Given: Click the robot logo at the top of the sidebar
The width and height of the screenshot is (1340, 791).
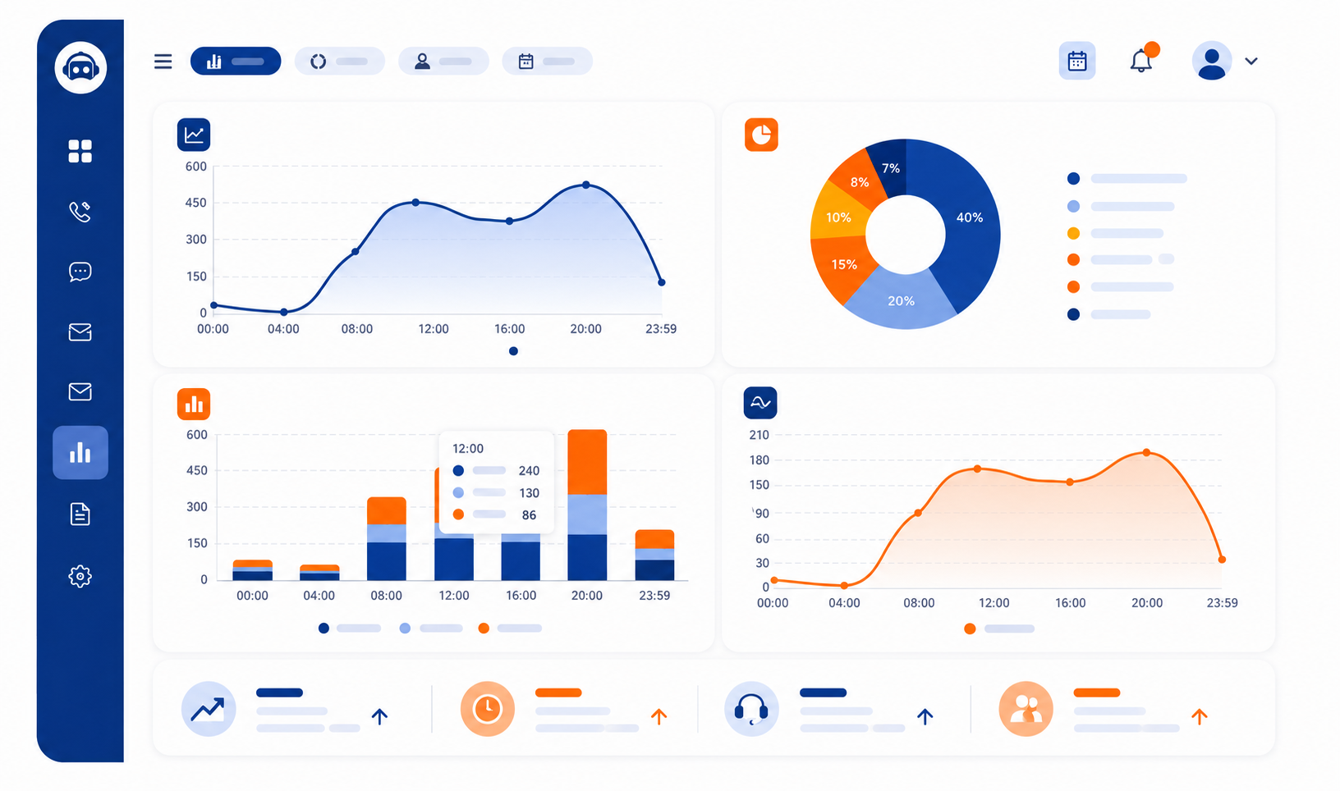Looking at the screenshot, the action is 80,67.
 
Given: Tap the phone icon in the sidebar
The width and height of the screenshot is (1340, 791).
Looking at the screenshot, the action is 80,212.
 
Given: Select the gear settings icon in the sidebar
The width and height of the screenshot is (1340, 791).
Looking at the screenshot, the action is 80,576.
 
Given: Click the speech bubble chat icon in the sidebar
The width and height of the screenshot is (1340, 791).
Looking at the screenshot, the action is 80,272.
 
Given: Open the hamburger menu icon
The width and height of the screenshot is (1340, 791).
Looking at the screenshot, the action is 163,62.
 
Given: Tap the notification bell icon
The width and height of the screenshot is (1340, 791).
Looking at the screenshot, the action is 1140,61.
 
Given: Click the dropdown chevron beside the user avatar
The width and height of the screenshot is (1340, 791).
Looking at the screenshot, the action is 1251,61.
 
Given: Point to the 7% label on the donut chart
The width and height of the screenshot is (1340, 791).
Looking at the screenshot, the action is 891,168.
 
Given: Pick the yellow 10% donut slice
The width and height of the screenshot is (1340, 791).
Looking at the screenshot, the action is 837,217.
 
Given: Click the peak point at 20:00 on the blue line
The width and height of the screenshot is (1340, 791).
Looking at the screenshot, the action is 586,185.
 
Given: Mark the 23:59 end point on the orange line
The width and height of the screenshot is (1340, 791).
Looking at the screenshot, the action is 1222,560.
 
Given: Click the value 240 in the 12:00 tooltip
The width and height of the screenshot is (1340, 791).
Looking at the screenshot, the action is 529,470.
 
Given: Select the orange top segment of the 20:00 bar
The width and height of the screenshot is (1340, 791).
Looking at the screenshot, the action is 587,462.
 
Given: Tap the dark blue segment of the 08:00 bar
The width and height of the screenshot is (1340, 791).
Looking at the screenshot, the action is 387,560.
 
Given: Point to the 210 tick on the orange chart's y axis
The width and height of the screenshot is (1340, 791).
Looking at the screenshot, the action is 759,435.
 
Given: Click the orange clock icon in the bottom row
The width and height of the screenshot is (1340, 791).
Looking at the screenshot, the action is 488,708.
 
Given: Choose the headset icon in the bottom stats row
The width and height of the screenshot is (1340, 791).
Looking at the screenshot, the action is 751,708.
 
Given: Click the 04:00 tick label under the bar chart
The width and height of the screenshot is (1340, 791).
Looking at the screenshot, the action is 319,596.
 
